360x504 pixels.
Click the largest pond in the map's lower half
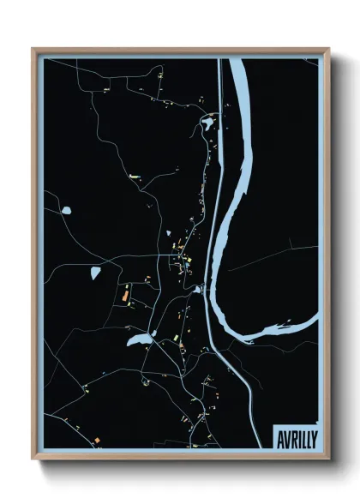coord(138,340)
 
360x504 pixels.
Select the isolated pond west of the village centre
coord(94,273)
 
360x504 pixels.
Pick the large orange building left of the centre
coord(125,294)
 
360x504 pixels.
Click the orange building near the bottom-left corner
coord(98,440)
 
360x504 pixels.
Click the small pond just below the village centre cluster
coord(197,289)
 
